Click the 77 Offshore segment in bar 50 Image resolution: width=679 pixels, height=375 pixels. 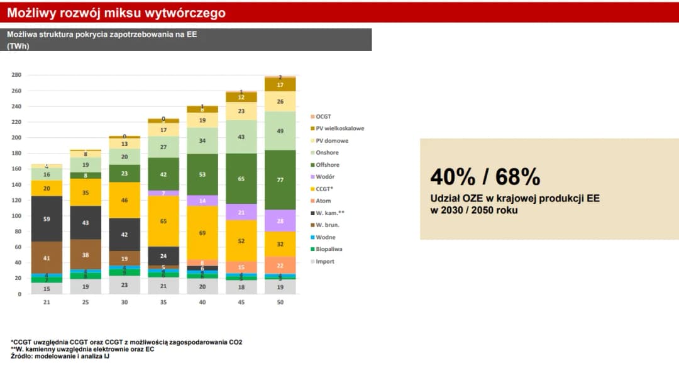point(280,179)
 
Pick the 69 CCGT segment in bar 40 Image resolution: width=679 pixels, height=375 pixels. point(202,233)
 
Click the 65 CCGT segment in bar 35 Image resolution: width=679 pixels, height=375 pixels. point(163,221)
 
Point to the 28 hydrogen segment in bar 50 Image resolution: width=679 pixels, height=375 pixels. point(280,221)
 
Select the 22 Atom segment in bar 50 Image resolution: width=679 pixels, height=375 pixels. point(280,266)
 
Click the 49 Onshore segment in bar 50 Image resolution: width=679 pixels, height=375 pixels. point(280,131)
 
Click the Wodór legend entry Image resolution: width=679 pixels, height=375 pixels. point(325,177)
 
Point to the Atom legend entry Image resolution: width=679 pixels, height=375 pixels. point(323,201)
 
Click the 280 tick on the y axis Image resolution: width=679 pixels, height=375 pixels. point(17,75)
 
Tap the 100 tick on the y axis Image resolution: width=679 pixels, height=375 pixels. point(17,216)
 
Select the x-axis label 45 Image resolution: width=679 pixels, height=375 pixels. point(241,303)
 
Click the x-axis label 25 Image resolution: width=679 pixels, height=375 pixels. point(86,303)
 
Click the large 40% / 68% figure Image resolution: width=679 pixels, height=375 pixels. point(485,177)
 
